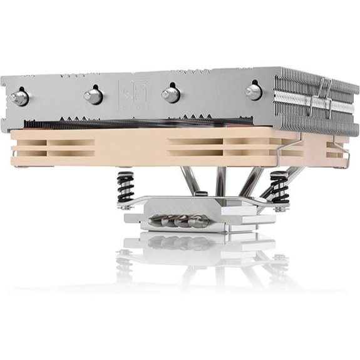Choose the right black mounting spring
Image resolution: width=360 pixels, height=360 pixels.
277,186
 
